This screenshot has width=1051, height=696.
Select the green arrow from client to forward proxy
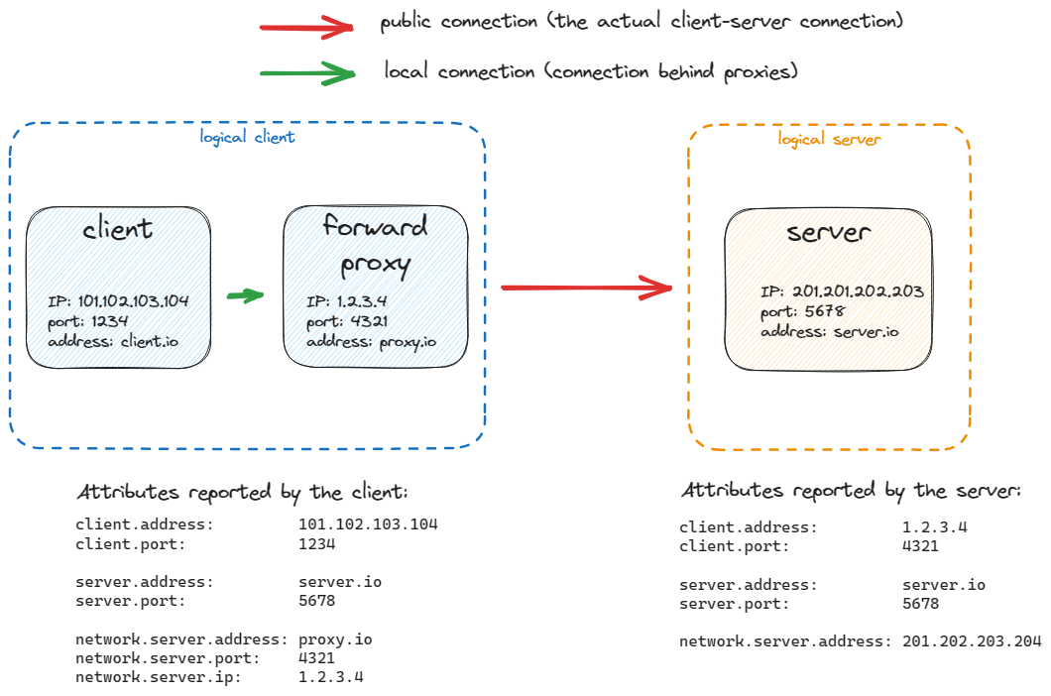click(x=245, y=295)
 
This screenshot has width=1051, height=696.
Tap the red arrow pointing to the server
click(x=587, y=288)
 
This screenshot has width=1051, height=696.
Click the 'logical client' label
click(x=247, y=137)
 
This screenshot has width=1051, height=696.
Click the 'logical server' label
click(x=829, y=139)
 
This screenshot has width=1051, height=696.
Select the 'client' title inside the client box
click(x=117, y=229)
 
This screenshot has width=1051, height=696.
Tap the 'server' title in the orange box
click(x=829, y=232)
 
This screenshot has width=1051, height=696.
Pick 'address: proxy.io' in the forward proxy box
click(x=371, y=342)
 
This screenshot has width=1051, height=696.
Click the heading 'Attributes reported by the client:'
click(x=242, y=493)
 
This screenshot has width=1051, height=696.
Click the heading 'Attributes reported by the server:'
click(x=851, y=491)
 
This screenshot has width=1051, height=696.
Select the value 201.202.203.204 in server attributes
click(x=972, y=641)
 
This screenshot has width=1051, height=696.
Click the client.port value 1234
click(x=316, y=544)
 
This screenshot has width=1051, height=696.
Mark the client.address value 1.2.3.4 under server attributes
click(x=934, y=527)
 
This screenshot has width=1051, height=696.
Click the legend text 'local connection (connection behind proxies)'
click(x=591, y=72)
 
